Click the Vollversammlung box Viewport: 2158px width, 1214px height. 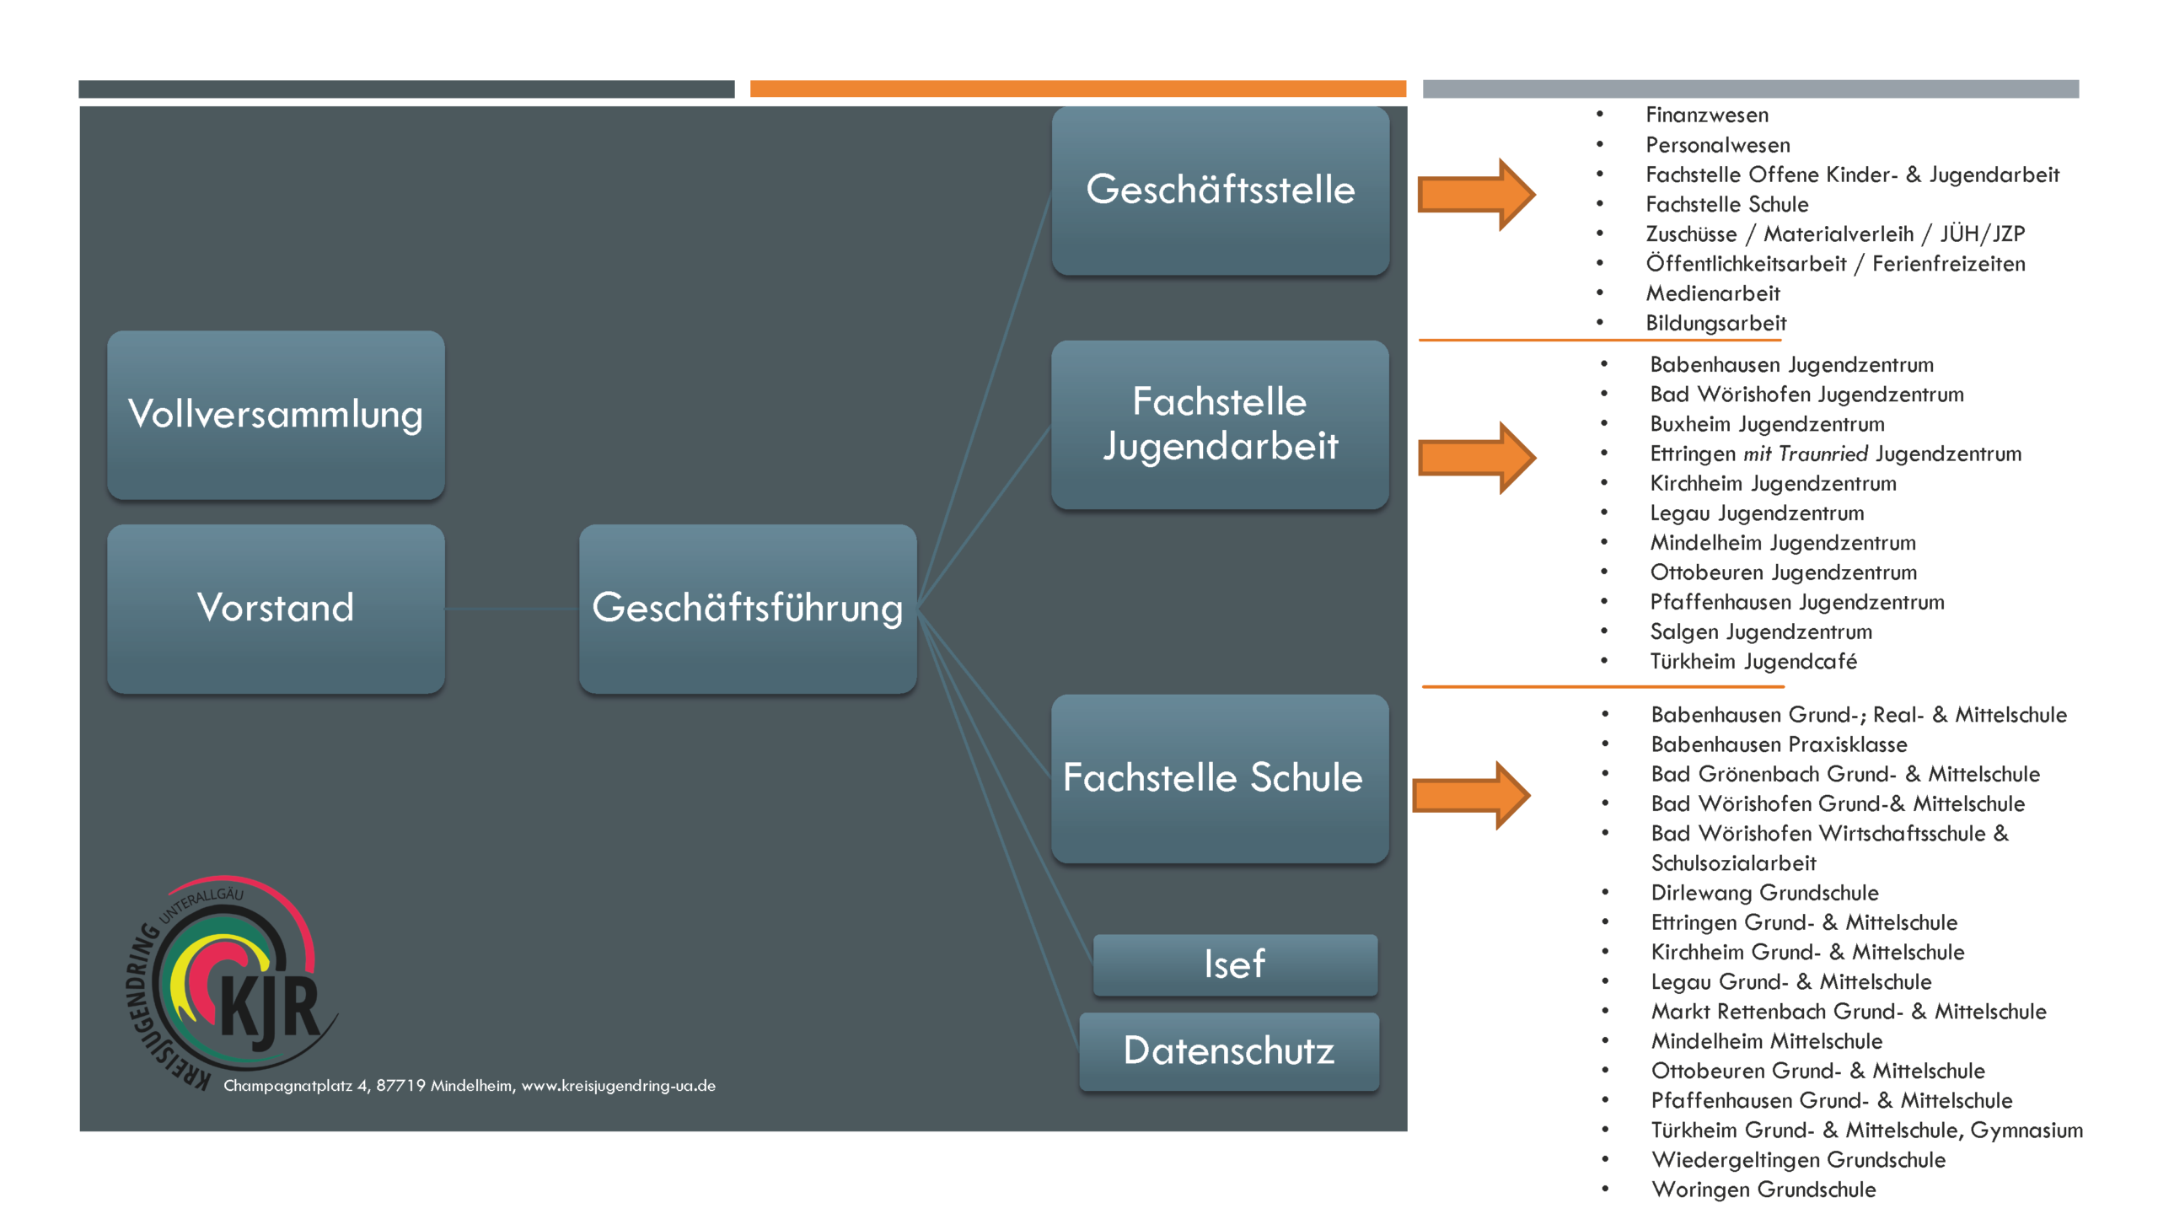click(276, 415)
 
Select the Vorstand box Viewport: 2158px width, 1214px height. click(276, 609)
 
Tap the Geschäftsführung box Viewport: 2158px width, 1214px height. click(747, 609)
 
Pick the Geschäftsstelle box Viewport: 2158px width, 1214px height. click(1220, 191)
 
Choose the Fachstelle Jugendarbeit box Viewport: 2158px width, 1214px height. click(1220, 424)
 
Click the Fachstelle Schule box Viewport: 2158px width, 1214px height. click(1220, 778)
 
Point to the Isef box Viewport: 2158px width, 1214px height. click(1235, 964)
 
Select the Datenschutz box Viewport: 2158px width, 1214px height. click(1229, 1051)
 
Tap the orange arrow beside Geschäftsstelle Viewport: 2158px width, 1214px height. click(1475, 194)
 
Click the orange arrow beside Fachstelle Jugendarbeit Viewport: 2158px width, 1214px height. click(1475, 458)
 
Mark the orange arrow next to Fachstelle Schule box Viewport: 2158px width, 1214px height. click(1471, 795)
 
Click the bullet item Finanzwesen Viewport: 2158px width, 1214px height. click(1707, 115)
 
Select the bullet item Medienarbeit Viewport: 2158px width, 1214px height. click(1713, 293)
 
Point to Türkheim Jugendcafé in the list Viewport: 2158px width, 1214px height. click(1753, 662)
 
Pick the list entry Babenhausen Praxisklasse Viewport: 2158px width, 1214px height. click(1779, 744)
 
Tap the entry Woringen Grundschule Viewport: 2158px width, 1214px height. click(1763, 1190)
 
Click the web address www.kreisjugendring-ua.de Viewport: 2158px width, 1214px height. click(619, 1086)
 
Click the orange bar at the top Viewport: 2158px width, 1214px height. click(1077, 89)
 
